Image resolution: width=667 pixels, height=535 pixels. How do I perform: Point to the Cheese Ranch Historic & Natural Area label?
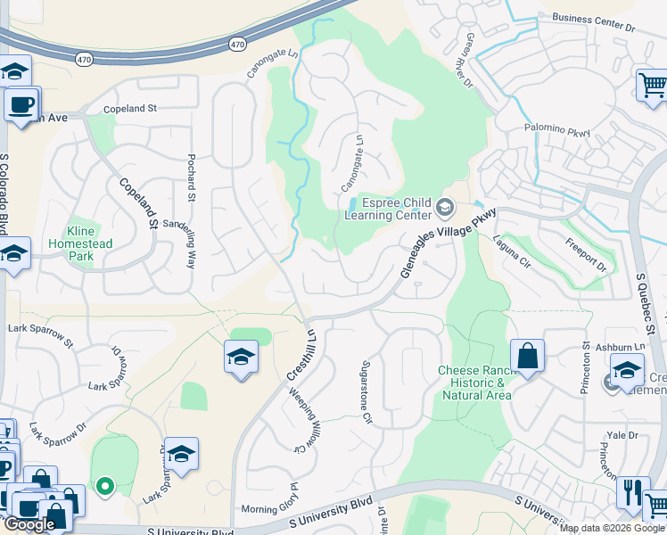click(473, 383)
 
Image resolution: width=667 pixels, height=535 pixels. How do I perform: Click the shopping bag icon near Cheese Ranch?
click(527, 355)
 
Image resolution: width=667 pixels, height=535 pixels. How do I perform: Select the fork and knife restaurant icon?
click(631, 491)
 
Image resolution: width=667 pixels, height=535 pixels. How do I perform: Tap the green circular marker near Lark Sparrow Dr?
click(105, 486)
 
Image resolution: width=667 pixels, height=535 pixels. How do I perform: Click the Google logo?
click(29, 524)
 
